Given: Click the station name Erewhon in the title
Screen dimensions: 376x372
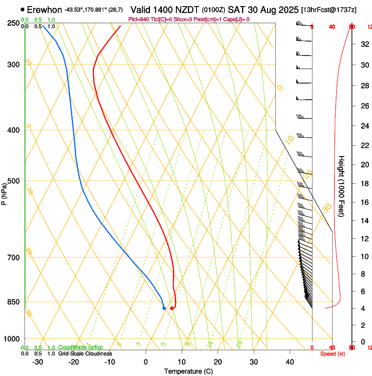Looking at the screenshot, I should [45, 10].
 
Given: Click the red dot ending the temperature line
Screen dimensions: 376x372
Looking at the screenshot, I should [172, 308].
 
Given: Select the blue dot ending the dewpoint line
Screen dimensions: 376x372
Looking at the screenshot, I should [164, 308].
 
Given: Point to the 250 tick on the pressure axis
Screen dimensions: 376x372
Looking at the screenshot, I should [14, 23].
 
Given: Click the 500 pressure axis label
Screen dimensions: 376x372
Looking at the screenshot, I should [14, 181].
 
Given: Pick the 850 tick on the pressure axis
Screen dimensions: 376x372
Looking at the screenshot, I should [14, 302].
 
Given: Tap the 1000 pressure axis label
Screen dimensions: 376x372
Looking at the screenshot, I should [12, 338].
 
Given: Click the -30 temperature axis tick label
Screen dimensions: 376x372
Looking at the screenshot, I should [38, 362].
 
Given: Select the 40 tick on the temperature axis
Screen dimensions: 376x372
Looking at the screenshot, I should [290, 362].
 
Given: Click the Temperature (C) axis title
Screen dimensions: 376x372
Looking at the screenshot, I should [188, 371].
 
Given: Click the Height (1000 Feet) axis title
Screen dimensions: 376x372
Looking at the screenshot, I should [342, 186].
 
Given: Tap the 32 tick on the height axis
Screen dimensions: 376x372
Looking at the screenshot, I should [364, 44].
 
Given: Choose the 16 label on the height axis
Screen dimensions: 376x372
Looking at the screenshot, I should [364, 202].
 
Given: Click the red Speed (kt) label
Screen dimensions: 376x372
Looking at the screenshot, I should [333, 354].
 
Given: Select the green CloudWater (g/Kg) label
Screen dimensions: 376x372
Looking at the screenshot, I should [81, 348].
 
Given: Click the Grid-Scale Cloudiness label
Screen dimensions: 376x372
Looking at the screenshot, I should [85, 354].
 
